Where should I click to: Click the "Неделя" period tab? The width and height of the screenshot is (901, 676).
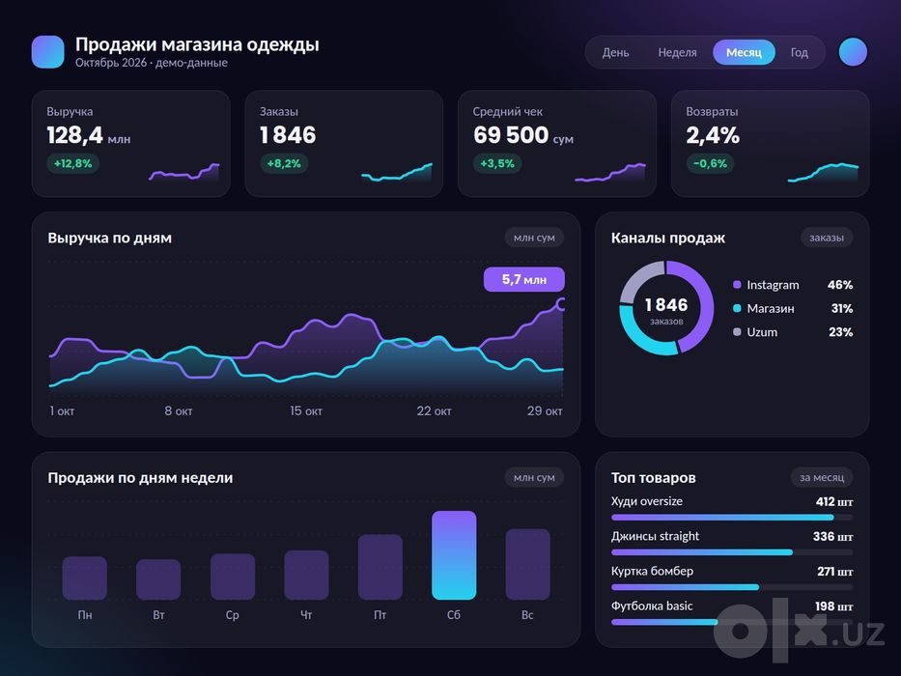pyautogui.click(x=677, y=52)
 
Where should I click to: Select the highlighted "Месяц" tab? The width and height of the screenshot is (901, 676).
pyautogui.click(x=744, y=52)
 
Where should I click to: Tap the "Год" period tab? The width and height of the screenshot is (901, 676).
pyautogui.click(x=799, y=52)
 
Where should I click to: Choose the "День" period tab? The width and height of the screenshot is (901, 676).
pyautogui.click(x=615, y=52)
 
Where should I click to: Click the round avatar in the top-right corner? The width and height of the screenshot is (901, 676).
pyautogui.click(x=853, y=52)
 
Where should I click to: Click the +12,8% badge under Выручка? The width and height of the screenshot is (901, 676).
pyautogui.click(x=73, y=163)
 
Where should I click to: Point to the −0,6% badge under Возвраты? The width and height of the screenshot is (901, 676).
pyautogui.click(x=710, y=163)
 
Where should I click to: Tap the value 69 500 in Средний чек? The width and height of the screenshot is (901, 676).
pyautogui.click(x=511, y=135)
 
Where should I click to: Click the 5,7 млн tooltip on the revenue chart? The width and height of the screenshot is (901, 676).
pyautogui.click(x=524, y=279)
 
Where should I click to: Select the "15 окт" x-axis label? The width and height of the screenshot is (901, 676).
pyautogui.click(x=306, y=411)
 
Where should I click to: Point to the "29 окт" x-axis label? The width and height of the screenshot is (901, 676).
pyautogui.click(x=545, y=411)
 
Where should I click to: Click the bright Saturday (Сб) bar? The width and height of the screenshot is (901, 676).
pyautogui.click(x=454, y=555)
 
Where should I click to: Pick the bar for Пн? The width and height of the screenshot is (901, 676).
pyautogui.click(x=84, y=578)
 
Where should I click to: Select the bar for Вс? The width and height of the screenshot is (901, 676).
pyautogui.click(x=527, y=565)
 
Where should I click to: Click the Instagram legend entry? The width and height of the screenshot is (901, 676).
pyautogui.click(x=766, y=285)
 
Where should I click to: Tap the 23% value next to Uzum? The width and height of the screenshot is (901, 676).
pyautogui.click(x=841, y=332)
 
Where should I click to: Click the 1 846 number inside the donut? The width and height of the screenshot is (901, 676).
pyautogui.click(x=666, y=304)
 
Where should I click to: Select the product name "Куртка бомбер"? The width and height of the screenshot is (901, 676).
pyautogui.click(x=652, y=571)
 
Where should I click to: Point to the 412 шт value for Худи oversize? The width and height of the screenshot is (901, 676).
pyautogui.click(x=834, y=502)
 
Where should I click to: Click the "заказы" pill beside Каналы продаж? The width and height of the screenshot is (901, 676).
pyautogui.click(x=827, y=238)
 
